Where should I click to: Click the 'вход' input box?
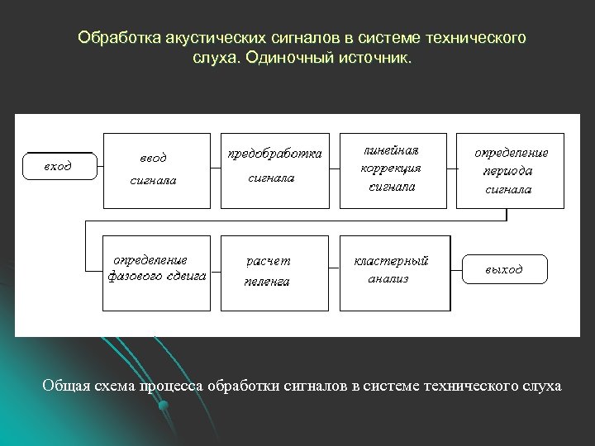click(57, 165)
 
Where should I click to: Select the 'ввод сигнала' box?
click(155, 168)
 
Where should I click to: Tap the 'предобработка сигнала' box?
click(274, 168)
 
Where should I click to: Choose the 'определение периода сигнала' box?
click(510, 170)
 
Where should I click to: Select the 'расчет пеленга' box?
click(272, 270)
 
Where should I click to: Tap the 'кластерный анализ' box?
click(394, 270)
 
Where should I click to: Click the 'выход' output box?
click(503, 269)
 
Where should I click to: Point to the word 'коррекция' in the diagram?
click(391, 168)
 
